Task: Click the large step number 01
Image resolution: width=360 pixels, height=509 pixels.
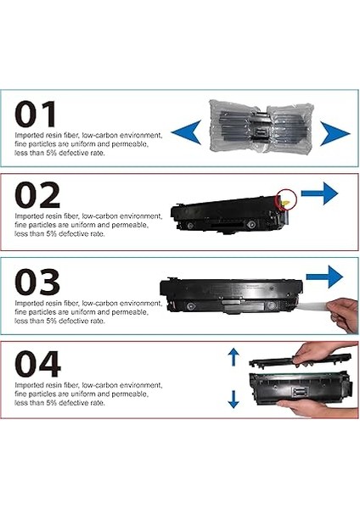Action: coord(37,115)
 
